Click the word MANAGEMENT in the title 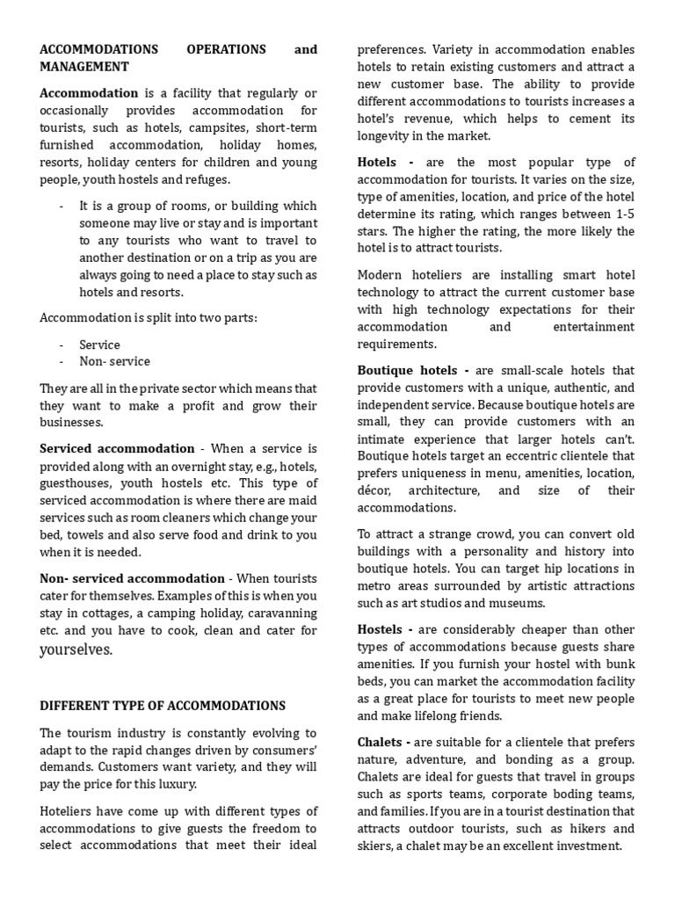84,67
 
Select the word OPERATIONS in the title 225,50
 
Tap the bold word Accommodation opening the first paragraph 89,93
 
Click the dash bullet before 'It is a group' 62,207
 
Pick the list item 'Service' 99,345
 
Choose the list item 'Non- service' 114,361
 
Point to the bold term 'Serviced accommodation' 117,448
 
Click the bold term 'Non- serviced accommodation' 132,578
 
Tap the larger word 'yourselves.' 76,650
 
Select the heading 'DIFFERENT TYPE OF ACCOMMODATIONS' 163,706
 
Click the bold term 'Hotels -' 386,163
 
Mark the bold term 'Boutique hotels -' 413,371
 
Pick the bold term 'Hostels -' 385,629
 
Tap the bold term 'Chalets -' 384,743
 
